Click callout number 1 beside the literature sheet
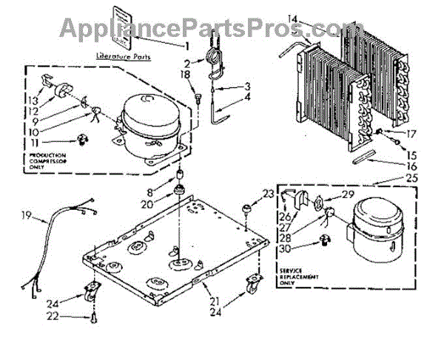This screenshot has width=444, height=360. click(186, 45)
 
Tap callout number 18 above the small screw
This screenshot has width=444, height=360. click(186, 75)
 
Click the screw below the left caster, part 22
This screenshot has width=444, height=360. click(95, 318)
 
